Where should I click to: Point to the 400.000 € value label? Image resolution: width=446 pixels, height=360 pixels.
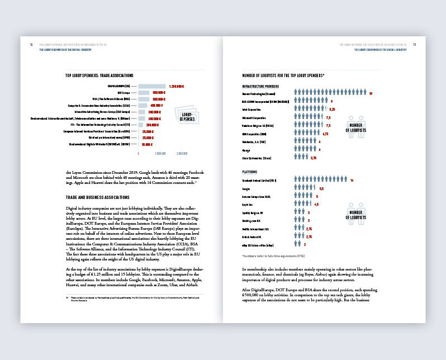click(x=156, y=105)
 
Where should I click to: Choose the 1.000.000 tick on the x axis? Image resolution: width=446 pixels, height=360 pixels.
click(x=160, y=153)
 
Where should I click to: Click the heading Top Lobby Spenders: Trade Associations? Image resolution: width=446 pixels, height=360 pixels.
click(x=99, y=75)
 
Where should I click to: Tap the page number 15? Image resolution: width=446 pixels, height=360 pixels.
click(x=414, y=45)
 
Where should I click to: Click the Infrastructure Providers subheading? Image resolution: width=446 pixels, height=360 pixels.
click(x=260, y=87)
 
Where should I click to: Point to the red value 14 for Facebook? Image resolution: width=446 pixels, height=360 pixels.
click(x=352, y=181)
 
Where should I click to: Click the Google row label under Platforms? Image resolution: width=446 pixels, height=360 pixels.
click(x=246, y=189)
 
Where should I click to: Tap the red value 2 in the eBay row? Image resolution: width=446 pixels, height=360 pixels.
click(x=305, y=244)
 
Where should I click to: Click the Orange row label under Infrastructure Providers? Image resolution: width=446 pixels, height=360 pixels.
click(x=246, y=150)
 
